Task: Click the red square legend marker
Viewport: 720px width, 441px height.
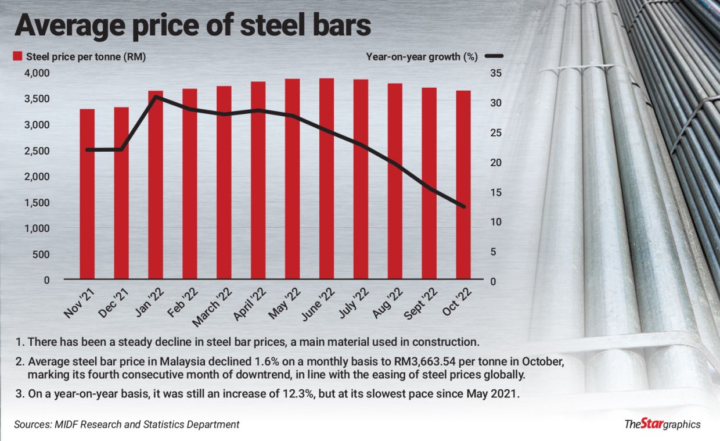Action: pos(17,56)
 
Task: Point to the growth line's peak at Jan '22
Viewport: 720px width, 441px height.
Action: pos(156,96)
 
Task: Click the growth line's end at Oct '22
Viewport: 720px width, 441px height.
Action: pos(463,206)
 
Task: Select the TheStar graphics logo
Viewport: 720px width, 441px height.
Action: pos(662,424)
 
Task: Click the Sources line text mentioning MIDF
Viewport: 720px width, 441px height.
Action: pos(126,425)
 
